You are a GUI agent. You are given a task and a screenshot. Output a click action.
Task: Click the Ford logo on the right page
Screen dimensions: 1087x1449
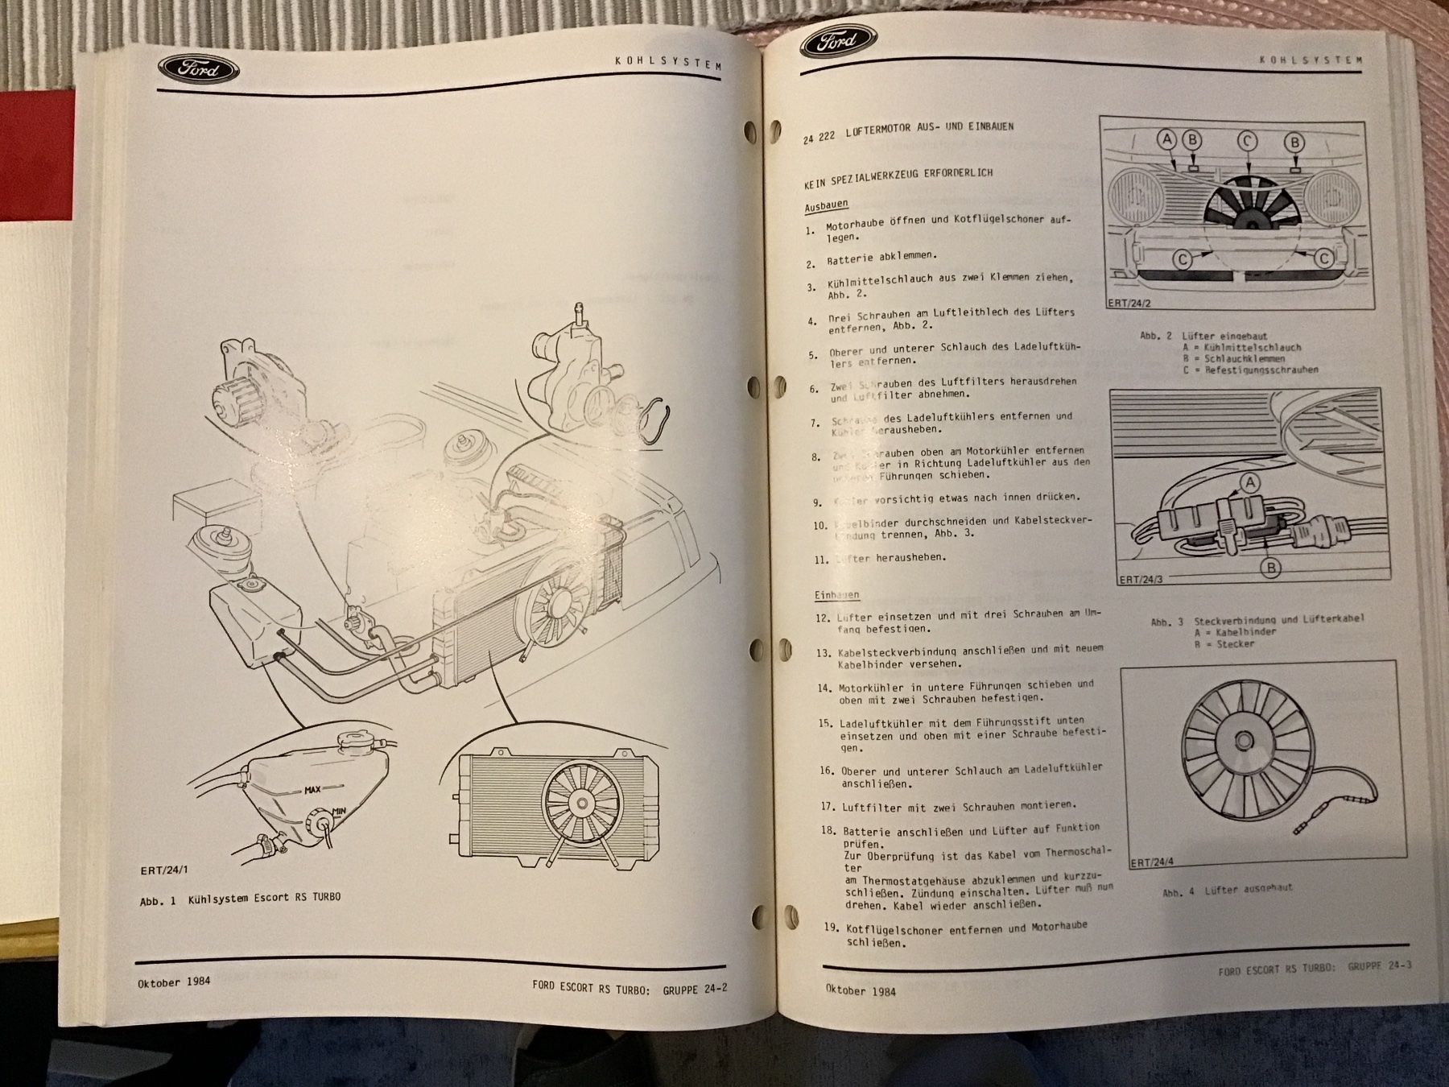[840, 43]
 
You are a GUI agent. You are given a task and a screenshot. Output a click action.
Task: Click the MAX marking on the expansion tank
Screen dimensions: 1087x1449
[313, 790]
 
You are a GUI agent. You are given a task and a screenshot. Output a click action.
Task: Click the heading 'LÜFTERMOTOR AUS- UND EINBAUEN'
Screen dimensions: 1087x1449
[930, 128]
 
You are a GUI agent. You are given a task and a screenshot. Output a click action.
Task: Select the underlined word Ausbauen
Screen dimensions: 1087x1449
[826, 206]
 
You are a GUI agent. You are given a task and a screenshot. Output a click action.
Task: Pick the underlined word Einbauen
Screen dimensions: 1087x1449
[836, 595]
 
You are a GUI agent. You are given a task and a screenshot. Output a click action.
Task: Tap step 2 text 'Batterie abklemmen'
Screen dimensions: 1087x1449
[870, 258]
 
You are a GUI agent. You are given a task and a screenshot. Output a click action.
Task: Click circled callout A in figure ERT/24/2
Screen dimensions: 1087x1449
[1166, 139]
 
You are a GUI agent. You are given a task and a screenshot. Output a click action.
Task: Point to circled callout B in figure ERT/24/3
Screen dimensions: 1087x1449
[1269, 568]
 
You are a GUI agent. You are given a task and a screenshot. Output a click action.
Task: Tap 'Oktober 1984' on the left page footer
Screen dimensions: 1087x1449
[174, 981]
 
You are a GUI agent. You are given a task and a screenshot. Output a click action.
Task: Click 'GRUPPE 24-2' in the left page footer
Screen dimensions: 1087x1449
[695, 988]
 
